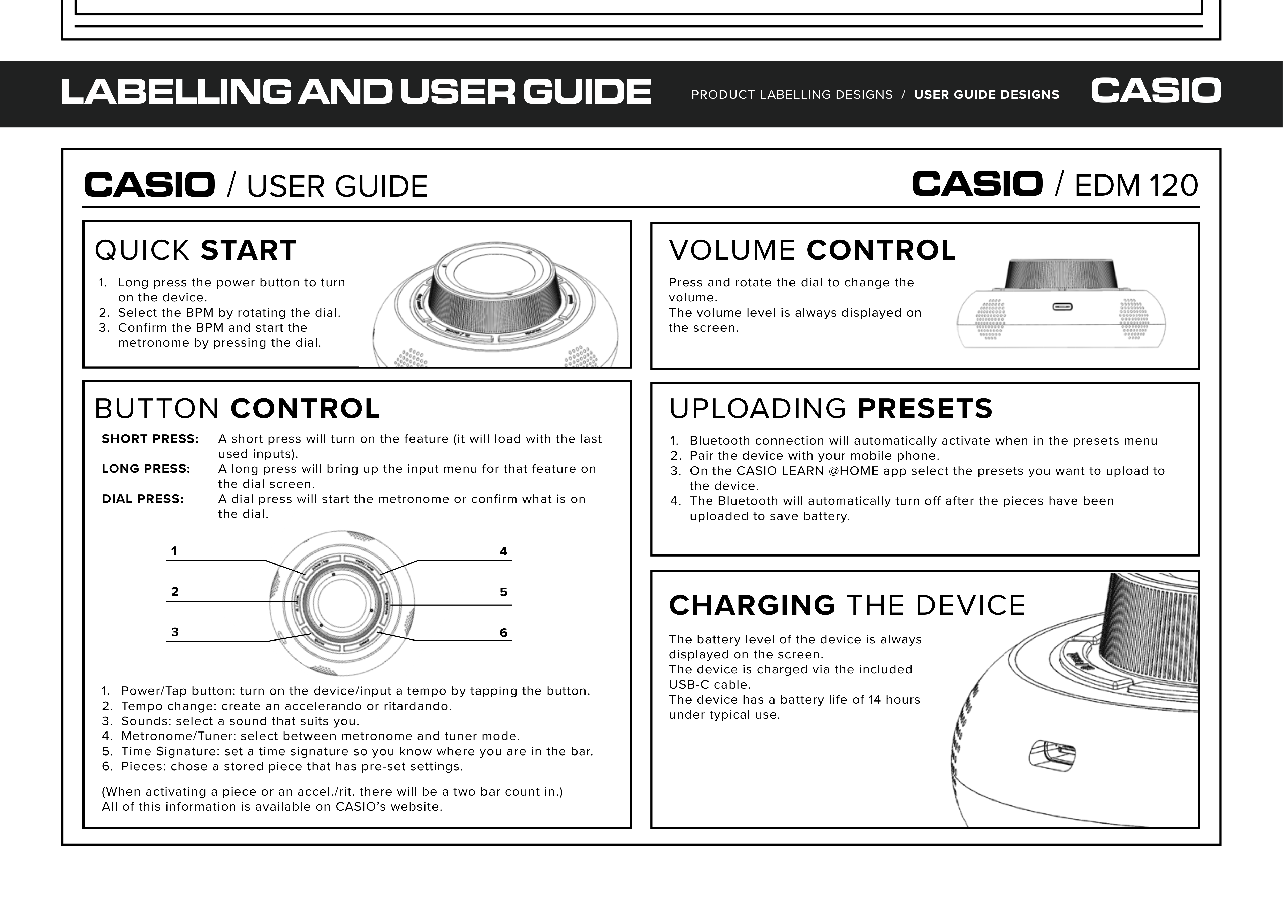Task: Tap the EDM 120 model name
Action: coord(1136,186)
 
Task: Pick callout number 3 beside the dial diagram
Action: coord(175,632)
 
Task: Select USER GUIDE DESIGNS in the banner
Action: coord(986,95)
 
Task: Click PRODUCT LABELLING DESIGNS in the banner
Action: coord(792,95)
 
